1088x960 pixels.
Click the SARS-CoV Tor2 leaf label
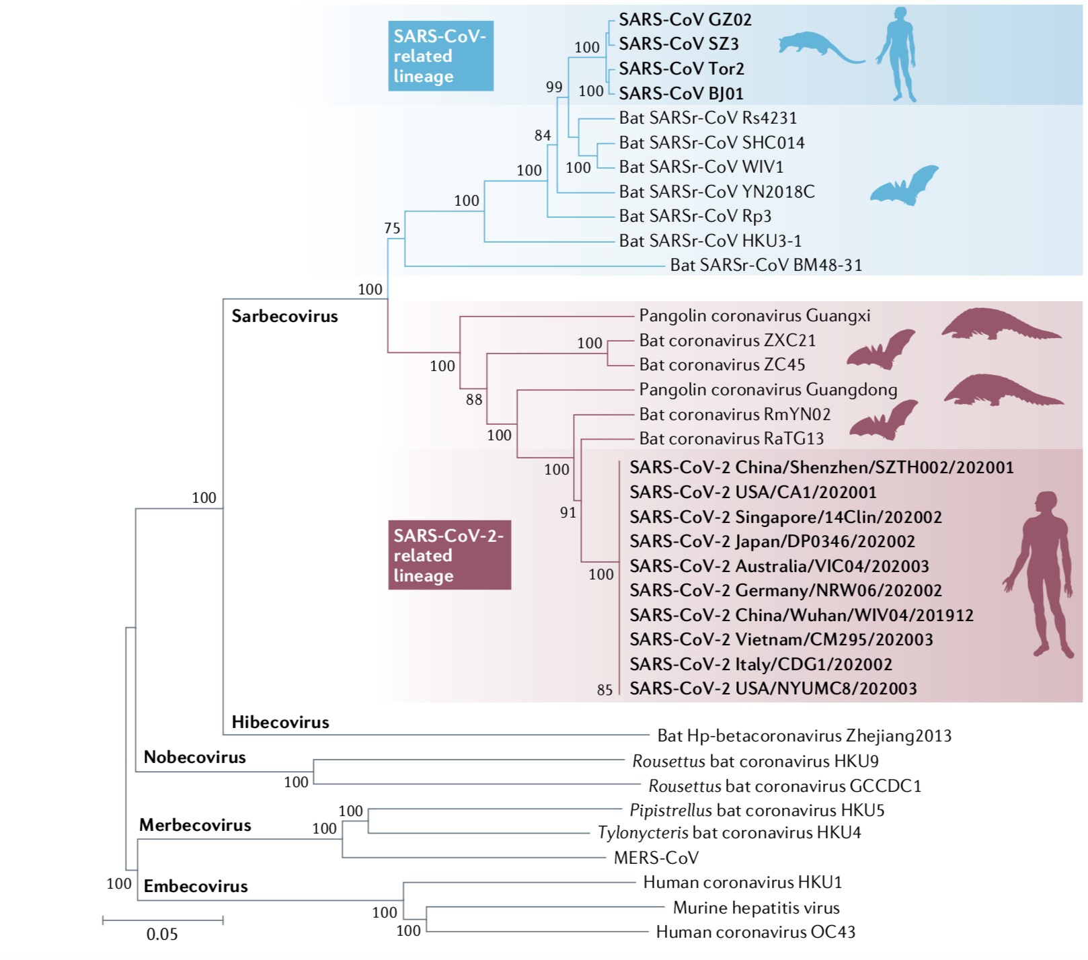click(x=681, y=69)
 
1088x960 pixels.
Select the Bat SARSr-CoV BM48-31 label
click(x=766, y=265)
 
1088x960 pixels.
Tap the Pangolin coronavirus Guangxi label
click(x=754, y=315)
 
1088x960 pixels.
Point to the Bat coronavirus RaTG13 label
click(x=731, y=438)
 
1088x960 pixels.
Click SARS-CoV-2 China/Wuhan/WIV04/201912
click(x=801, y=615)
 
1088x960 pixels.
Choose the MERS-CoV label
click(x=656, y=858)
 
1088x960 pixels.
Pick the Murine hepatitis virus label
click(x=756, y=908)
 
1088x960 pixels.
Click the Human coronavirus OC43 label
click(x=755, y=932)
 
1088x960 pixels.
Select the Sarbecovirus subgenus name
click(x=284, y=316)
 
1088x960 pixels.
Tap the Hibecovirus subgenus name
click(x=280, y=722)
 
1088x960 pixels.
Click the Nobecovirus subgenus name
click(x=194, y=757)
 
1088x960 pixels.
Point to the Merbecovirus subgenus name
click(x=195, y=825)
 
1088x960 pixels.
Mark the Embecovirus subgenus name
click(x=196, y=886)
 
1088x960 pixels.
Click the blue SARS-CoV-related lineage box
click(x=440, y=56)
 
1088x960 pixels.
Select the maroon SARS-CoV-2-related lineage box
click(x=449, y=555)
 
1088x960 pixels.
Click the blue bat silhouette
click(x=904, y=186)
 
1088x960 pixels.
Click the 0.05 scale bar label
click(x=162, y=934)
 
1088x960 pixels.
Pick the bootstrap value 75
click(x=392, y=228)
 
